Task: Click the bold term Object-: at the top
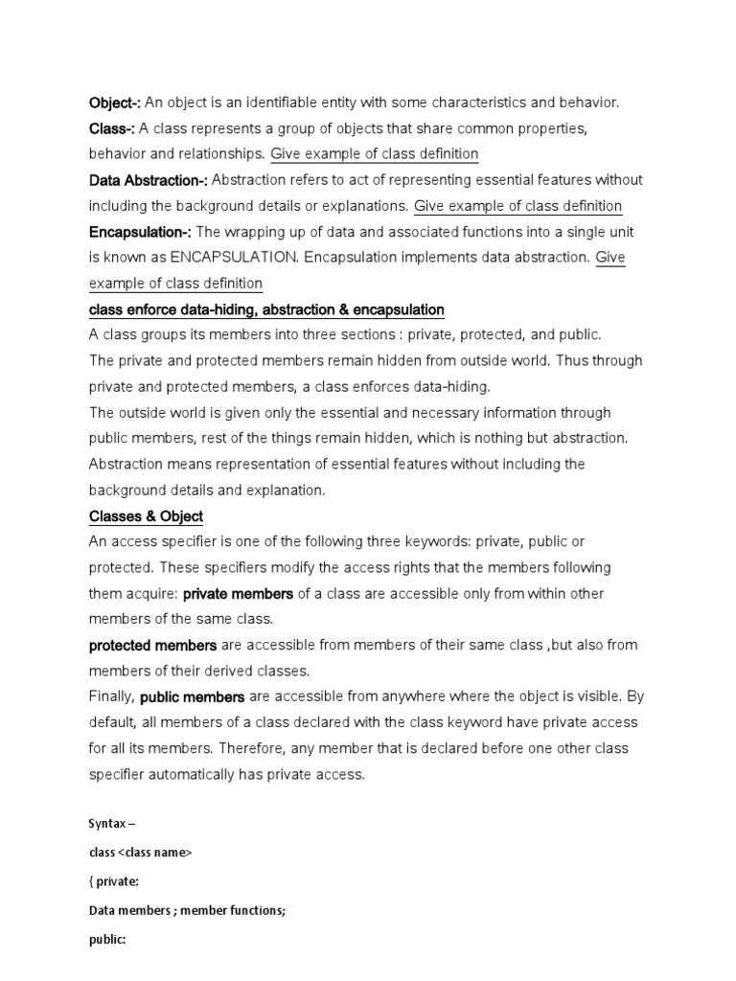[x=114, y=103]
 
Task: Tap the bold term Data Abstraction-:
[x=148, y=180]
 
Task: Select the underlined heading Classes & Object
[x=146, y=516]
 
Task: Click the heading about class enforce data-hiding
[x=266, y=309]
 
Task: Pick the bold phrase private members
[x=238, y=594]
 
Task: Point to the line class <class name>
[x=140, y=853]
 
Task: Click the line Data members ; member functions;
[x=187, y=912]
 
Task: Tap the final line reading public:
[x=107, y=942]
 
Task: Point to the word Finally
[x=112, y=697]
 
